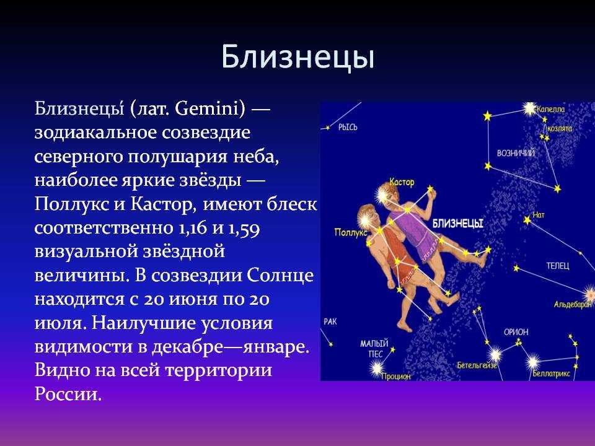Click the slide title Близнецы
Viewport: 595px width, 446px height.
(x=298, y=58)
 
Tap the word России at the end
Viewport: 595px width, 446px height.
(x=68, y=394)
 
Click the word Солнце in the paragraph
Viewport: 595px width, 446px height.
(x=280, y=275)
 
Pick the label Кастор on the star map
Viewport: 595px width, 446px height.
(x=402, y=182)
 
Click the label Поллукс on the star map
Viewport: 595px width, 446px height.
(x=350, y=232)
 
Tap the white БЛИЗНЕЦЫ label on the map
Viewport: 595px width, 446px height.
(x=458, y=224)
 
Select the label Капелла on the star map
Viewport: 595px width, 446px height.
(x=550, y=110)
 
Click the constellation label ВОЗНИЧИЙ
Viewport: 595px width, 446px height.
(x=516, y=153)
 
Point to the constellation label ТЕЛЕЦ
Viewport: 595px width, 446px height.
(x=558, y=266)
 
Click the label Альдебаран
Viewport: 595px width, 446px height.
(x=572, y=304)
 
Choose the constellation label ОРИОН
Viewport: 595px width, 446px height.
(x=516, y=332)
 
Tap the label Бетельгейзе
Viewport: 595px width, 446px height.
(x=477, y=365)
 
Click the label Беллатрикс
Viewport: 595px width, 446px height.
(x=552, y=374)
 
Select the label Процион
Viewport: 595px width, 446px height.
(x=396, y=376)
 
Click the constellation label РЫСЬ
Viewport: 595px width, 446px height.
(x=348, y=128)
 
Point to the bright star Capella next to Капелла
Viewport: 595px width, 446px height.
(x=529, y=109)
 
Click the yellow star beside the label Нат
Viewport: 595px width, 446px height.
(x=527, y=219)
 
